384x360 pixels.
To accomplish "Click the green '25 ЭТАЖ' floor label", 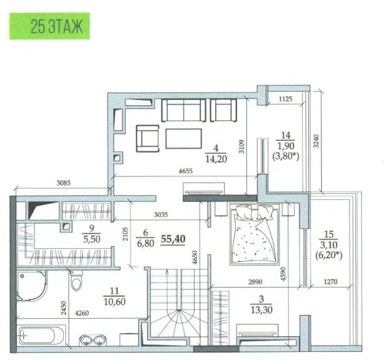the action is click(x=49, y=26).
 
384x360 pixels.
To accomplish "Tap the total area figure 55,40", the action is click(x=173, y=239).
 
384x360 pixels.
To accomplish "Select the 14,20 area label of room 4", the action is click(x=216, y=159).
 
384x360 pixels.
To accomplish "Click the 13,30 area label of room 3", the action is click(x=261, y=310).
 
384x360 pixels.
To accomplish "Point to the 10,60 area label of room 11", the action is click(x=114, y=301).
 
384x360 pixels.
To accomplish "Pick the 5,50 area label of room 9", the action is click(x=91, y=239).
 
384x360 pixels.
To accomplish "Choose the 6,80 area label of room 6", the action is click(x=146, y=243).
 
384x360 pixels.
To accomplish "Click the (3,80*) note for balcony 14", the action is click(x=286, y=156).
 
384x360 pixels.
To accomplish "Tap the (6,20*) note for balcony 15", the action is click(x=329, y=255).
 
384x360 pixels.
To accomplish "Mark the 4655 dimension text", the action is click(x=185, y=171).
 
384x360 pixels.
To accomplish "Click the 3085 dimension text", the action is click(x=63, y=183).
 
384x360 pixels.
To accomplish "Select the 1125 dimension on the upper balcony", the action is click(x=285, y=99).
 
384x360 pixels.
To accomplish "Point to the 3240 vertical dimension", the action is click(x=316, y=141).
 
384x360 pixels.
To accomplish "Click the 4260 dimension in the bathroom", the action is click(x=82, y=312).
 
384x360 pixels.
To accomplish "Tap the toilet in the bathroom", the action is click(x=76, y=280).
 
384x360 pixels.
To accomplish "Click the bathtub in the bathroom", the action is click(x=41, y=335).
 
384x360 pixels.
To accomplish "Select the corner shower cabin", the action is click(x=32, y=286).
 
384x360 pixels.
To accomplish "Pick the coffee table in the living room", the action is click(x=183, y=139).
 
